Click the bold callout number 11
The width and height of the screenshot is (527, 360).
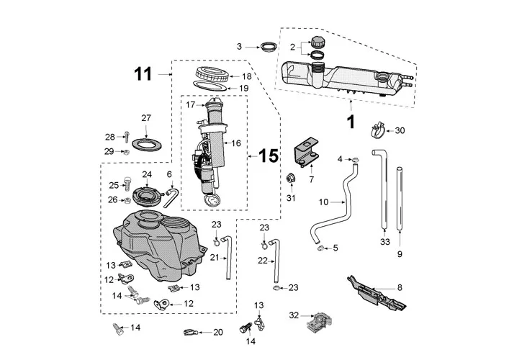tap(143, 73)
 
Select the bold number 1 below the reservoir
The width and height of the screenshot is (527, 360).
tap(351, 122)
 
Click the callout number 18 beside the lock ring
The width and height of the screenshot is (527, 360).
tap(246, 76)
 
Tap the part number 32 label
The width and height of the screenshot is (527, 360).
tap(292, 315)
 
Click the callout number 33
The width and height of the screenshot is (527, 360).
tap(384, 242)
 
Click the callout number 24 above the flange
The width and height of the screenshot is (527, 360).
tap(147, 175)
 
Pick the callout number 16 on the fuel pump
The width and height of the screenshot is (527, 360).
tap(235, 143)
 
